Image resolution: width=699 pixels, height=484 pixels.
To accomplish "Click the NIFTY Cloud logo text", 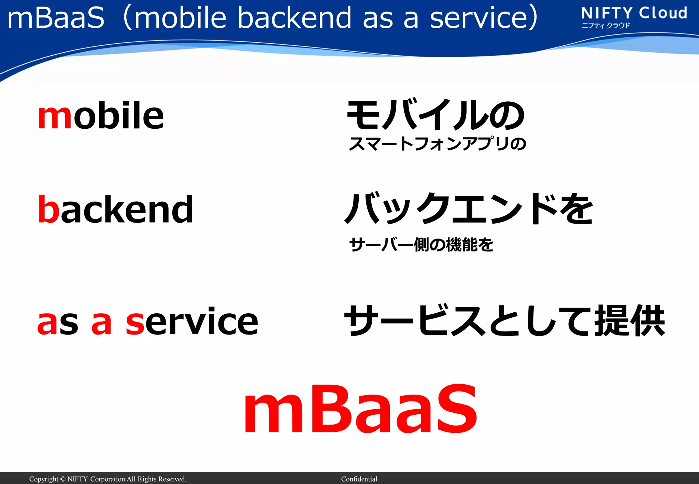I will [x=634, y=13].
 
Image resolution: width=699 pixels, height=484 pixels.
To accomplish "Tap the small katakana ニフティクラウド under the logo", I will [x=605, y=26].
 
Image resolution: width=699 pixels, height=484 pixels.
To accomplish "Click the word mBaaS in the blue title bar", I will [x=56, y=18].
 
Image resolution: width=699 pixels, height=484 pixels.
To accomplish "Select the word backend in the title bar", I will [x=294, y=18].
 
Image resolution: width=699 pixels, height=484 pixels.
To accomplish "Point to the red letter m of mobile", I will [x=55, y=117].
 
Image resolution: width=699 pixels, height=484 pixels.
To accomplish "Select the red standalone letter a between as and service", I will [x=101, y=323].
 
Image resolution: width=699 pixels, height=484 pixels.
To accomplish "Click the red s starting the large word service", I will [x=135, y=323].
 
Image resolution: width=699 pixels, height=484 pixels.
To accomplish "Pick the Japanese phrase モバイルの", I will [x=436, y=115].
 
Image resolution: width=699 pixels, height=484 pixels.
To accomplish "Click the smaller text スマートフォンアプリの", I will [x=437, y=144].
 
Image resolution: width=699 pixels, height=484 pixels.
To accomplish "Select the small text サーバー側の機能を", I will [x=421, y=244].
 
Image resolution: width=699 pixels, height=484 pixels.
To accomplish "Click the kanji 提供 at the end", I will [x=629, y=321].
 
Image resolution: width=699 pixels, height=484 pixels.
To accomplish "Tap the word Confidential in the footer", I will [x=359, y=479].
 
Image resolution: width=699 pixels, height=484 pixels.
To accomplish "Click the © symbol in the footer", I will [x=62, y=479].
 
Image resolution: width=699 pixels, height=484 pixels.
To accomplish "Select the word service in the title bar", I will [x=479, y=18].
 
